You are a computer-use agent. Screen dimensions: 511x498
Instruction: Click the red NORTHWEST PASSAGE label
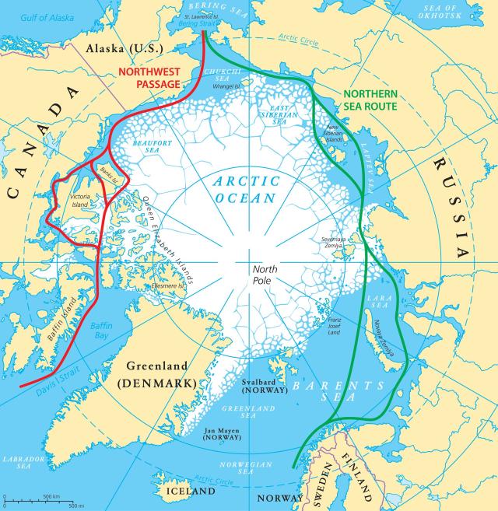149,76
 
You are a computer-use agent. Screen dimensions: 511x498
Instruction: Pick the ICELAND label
190,492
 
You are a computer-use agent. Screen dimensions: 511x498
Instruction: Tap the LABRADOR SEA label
19,463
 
